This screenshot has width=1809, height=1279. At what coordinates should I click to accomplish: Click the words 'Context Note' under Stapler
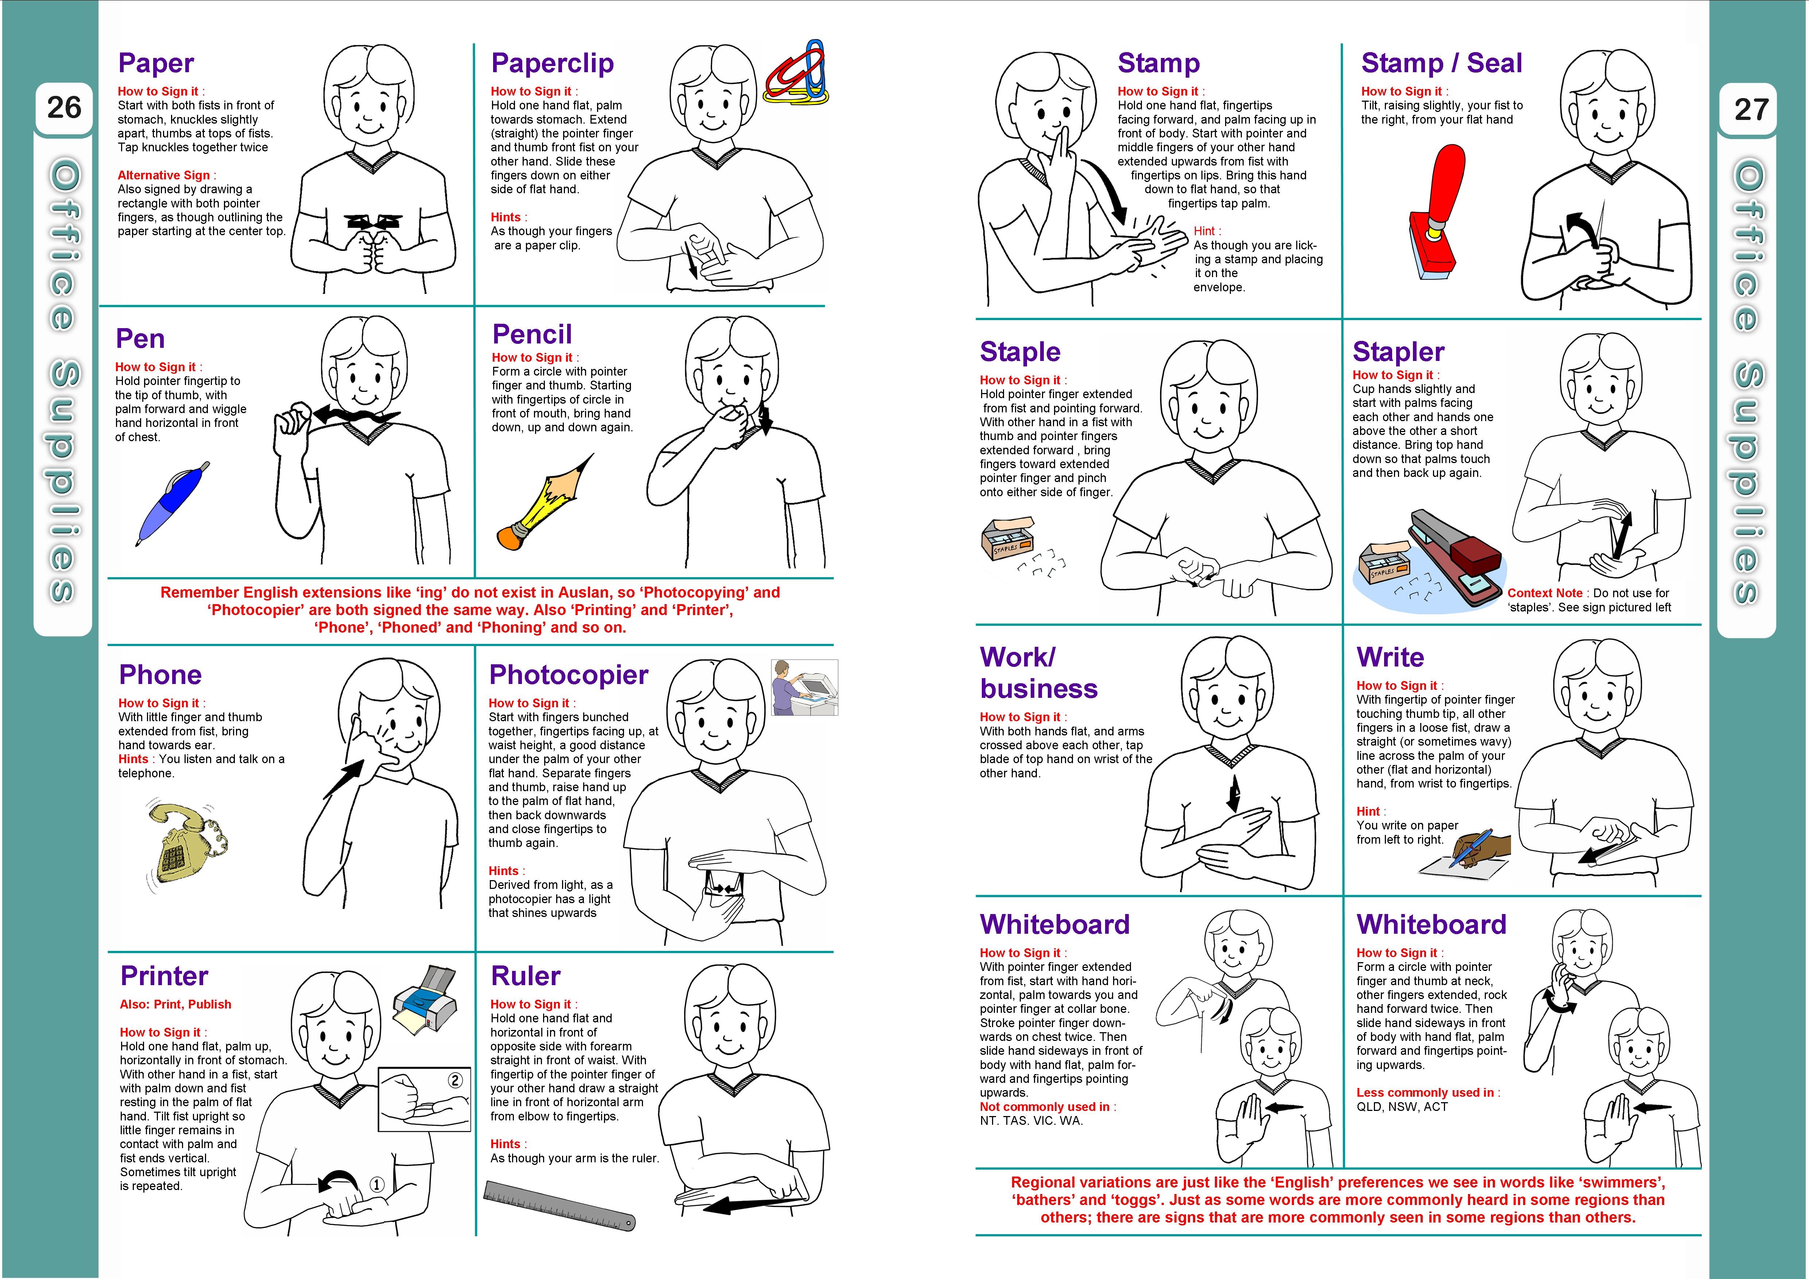pyautogui.click(x=1544, y=593)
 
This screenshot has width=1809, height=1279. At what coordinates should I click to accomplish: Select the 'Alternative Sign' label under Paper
pyautogui.click(x=164, y=175)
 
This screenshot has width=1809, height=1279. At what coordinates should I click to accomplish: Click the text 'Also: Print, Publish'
pyautogui.click(x=176, y=1004)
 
